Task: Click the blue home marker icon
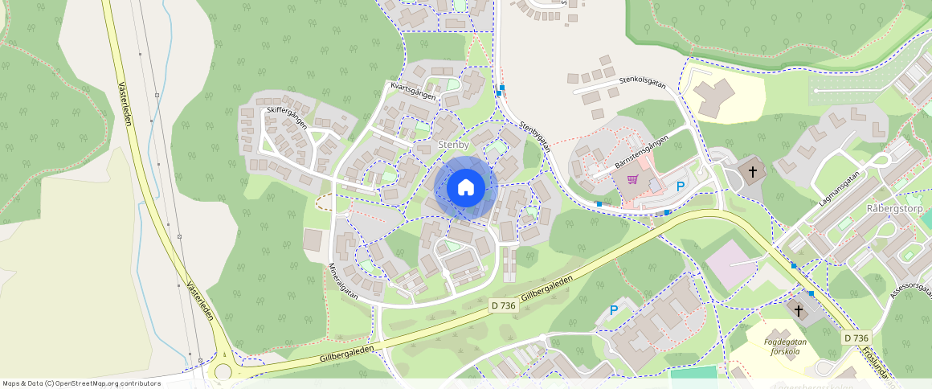click(x=465, y=188)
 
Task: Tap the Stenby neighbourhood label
click(x=454, y=144)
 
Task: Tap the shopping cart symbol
click(x=632, y=179)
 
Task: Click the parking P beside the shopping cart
click(x=681, y=186)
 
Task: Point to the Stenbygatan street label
click(x=534, y=136)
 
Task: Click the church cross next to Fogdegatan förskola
click(x=799, y=310)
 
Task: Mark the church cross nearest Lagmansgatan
click(x=753, y=171)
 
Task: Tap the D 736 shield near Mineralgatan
click(x=503, y=305)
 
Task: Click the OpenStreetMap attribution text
click(x=81, y=383)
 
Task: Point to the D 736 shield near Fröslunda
click(x=857, y=338)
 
